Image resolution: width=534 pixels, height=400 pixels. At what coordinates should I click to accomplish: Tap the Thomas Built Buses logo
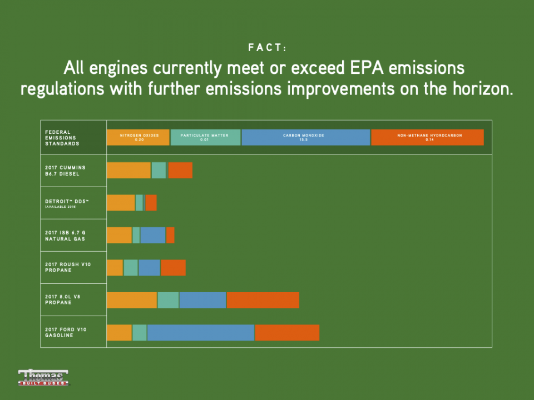(x=43, y=377)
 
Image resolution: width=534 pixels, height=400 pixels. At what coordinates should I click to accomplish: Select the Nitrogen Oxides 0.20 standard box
(x=138, y=137)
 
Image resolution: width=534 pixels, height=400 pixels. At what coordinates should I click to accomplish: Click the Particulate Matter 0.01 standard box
(x=205, y=137)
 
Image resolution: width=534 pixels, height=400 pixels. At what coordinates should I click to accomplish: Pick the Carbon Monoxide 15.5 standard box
(x=305, y=137)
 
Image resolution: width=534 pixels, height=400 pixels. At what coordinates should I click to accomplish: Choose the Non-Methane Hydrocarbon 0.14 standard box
(x=427, y=137)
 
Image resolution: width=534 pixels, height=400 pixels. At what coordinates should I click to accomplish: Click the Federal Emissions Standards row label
(x=62, y=138)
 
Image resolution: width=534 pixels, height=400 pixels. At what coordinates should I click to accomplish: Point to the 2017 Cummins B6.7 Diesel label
(x=66, y=171)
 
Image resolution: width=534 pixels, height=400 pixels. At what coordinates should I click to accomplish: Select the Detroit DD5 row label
(x=66, y=203)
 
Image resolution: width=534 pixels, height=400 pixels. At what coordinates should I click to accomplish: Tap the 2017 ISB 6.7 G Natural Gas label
(x=66, y=235)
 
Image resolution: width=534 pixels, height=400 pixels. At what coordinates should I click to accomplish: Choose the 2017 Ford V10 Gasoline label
(x=66, y=332)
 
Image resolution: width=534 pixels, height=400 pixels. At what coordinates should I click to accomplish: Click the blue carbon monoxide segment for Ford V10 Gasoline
(x=200, y=332)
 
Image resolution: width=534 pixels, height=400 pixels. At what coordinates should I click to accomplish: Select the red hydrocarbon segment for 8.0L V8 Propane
(x=263, y=300)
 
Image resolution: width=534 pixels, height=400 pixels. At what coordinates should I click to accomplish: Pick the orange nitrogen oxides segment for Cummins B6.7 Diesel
(x=128, y=171)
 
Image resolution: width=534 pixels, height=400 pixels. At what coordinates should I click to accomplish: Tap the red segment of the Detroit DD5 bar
(x=151, y=203)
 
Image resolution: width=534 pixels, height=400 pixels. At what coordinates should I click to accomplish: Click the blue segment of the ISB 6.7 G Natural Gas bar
(x=152, y=235)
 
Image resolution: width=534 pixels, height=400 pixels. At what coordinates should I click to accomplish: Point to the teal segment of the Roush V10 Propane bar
(x=131, y=267)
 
